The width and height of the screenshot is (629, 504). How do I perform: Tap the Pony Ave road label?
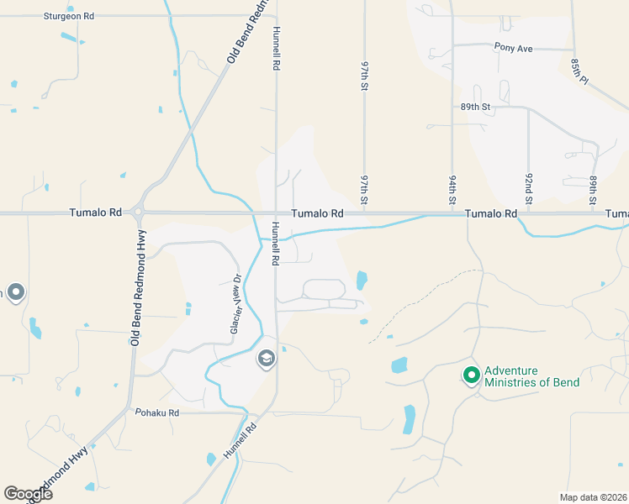point(513,48)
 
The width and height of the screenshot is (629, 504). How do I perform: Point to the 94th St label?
point(452,190)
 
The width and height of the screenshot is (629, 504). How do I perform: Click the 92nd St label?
point(530,190)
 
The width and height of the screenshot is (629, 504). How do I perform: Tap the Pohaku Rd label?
point(157,412)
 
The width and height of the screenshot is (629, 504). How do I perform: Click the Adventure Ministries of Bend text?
point(531,376)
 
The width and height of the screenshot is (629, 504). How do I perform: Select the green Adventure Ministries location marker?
point(472,375)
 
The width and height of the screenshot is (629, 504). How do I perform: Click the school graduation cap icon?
point(266,360)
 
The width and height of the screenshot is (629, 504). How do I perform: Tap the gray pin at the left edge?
point(15,293)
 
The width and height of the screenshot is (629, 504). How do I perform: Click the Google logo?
point(27,494)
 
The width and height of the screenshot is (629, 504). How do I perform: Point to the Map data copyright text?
point(593,497)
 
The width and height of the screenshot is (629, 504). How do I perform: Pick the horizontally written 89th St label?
point(474,108)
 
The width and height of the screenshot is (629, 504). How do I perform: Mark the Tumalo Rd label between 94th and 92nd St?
point(491,214)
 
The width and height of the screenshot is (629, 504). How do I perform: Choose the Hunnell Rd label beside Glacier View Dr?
point(275,244)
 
